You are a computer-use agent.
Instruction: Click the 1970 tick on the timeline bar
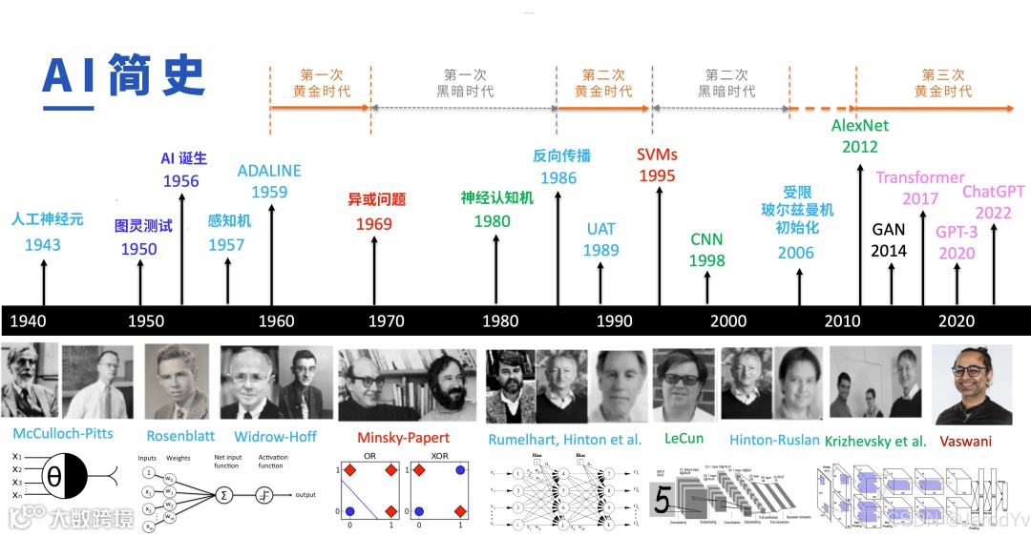click(x=386, y=320)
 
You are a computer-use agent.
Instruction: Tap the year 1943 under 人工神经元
click(x=43, y=245)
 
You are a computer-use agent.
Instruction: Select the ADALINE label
click(x=269, y=171)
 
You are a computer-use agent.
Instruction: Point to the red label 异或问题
click(x=377, y=199)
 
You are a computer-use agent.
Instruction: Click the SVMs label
click(x=657, y=155)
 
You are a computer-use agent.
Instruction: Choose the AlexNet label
click(x=859, y=125)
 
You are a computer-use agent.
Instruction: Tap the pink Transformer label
click(x=920, y=177)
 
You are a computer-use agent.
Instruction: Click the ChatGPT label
click(x=993, y=192)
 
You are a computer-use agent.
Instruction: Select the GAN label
click(x=889, y=229)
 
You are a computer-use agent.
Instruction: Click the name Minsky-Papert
click(x=403, y=438)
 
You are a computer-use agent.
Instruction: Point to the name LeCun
click(x=683, y=439)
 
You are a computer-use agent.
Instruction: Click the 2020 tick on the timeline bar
click(x=957, y=320)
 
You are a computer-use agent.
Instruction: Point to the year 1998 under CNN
click(x=707, y=260)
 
